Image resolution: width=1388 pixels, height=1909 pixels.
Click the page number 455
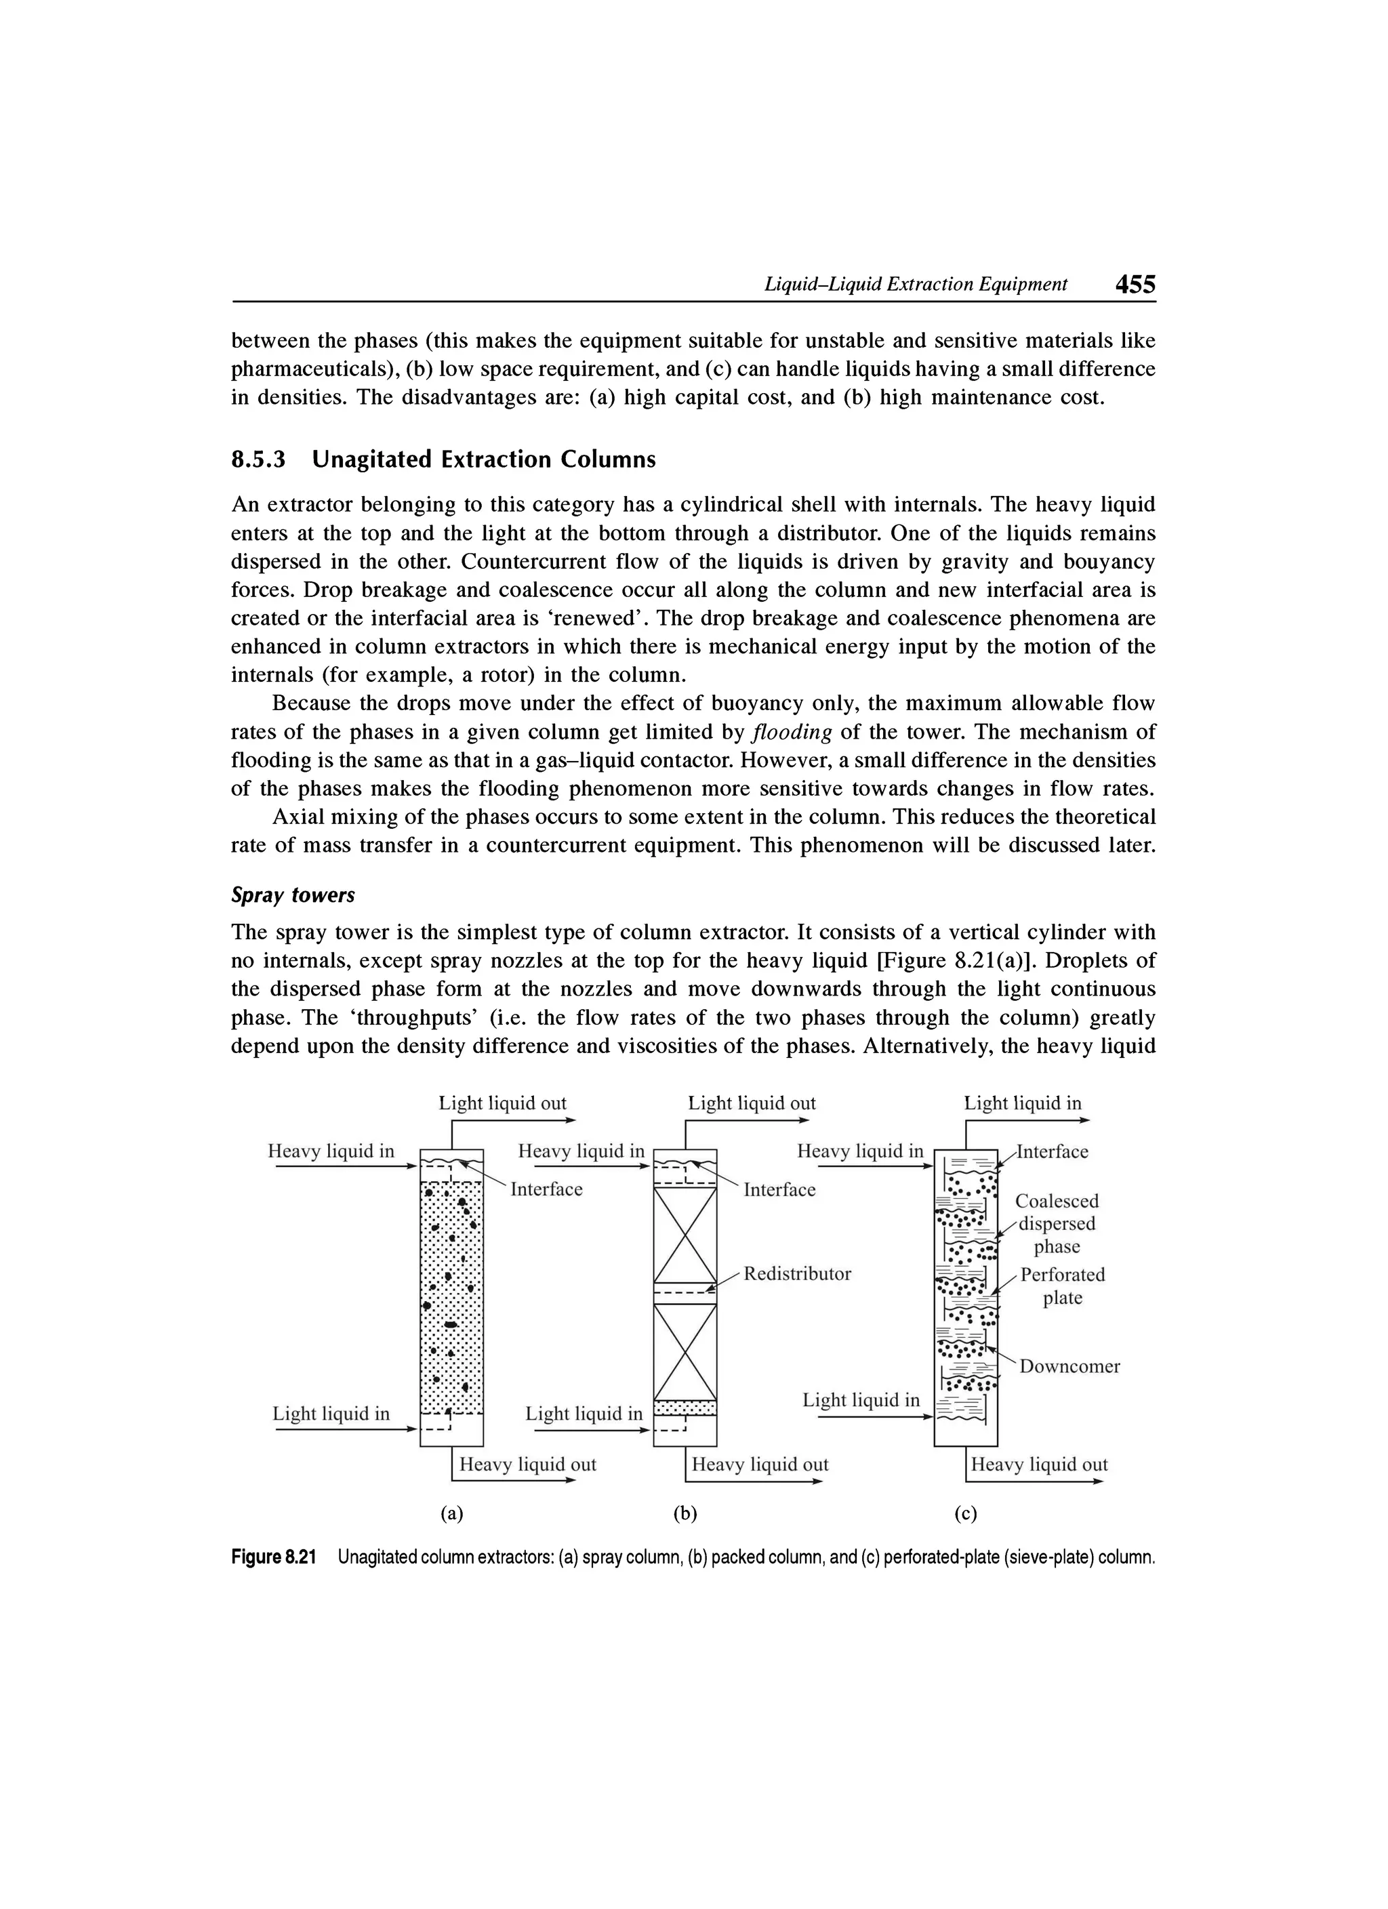tap(1135, 285)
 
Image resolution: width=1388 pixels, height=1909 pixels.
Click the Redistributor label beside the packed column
tap(797, 1273)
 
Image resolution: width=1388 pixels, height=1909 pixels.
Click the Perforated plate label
tap(1061, 1286)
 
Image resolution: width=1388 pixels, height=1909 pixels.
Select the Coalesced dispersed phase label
tap(1057, 1223)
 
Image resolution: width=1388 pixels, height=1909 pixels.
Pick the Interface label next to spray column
tap(546, 1189)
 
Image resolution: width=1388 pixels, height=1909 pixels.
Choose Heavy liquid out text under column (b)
tap(759, 1464)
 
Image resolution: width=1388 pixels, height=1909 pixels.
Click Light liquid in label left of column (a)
tap(331, 1414)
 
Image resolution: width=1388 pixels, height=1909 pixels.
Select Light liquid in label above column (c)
tap(1022, 1103)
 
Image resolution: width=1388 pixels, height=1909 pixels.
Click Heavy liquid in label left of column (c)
tap(859, 1151)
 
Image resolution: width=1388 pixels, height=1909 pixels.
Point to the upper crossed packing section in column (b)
tap(685, 1235)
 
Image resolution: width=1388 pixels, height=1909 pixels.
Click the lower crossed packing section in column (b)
tap(685, 1353)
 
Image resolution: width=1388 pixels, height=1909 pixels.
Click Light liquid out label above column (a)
tap(502, 1103)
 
